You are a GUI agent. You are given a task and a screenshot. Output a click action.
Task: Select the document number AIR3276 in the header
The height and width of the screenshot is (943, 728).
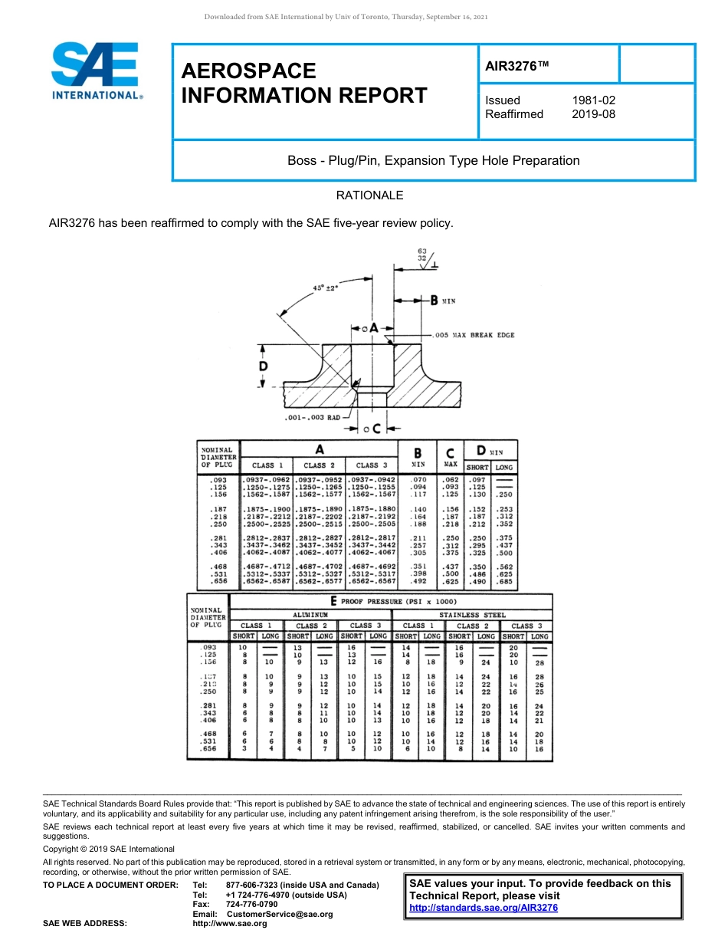[517, 67]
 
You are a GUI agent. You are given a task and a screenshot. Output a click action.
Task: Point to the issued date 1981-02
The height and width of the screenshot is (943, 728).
[593, 100]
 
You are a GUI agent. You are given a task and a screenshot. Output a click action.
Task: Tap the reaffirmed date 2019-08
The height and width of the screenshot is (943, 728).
[593, 114]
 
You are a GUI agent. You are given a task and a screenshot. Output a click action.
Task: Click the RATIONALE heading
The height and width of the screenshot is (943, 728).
[369, 195]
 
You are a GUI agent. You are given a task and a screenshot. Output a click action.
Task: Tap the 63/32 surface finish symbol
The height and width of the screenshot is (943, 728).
[422, 255]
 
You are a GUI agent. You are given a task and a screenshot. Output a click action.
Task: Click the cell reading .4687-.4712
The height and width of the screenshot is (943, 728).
[267, 565]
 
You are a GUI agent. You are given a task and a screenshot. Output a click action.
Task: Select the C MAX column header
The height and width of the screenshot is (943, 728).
[451, 457]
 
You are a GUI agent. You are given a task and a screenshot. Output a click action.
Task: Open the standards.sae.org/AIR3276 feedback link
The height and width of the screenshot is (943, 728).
[484, 908]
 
